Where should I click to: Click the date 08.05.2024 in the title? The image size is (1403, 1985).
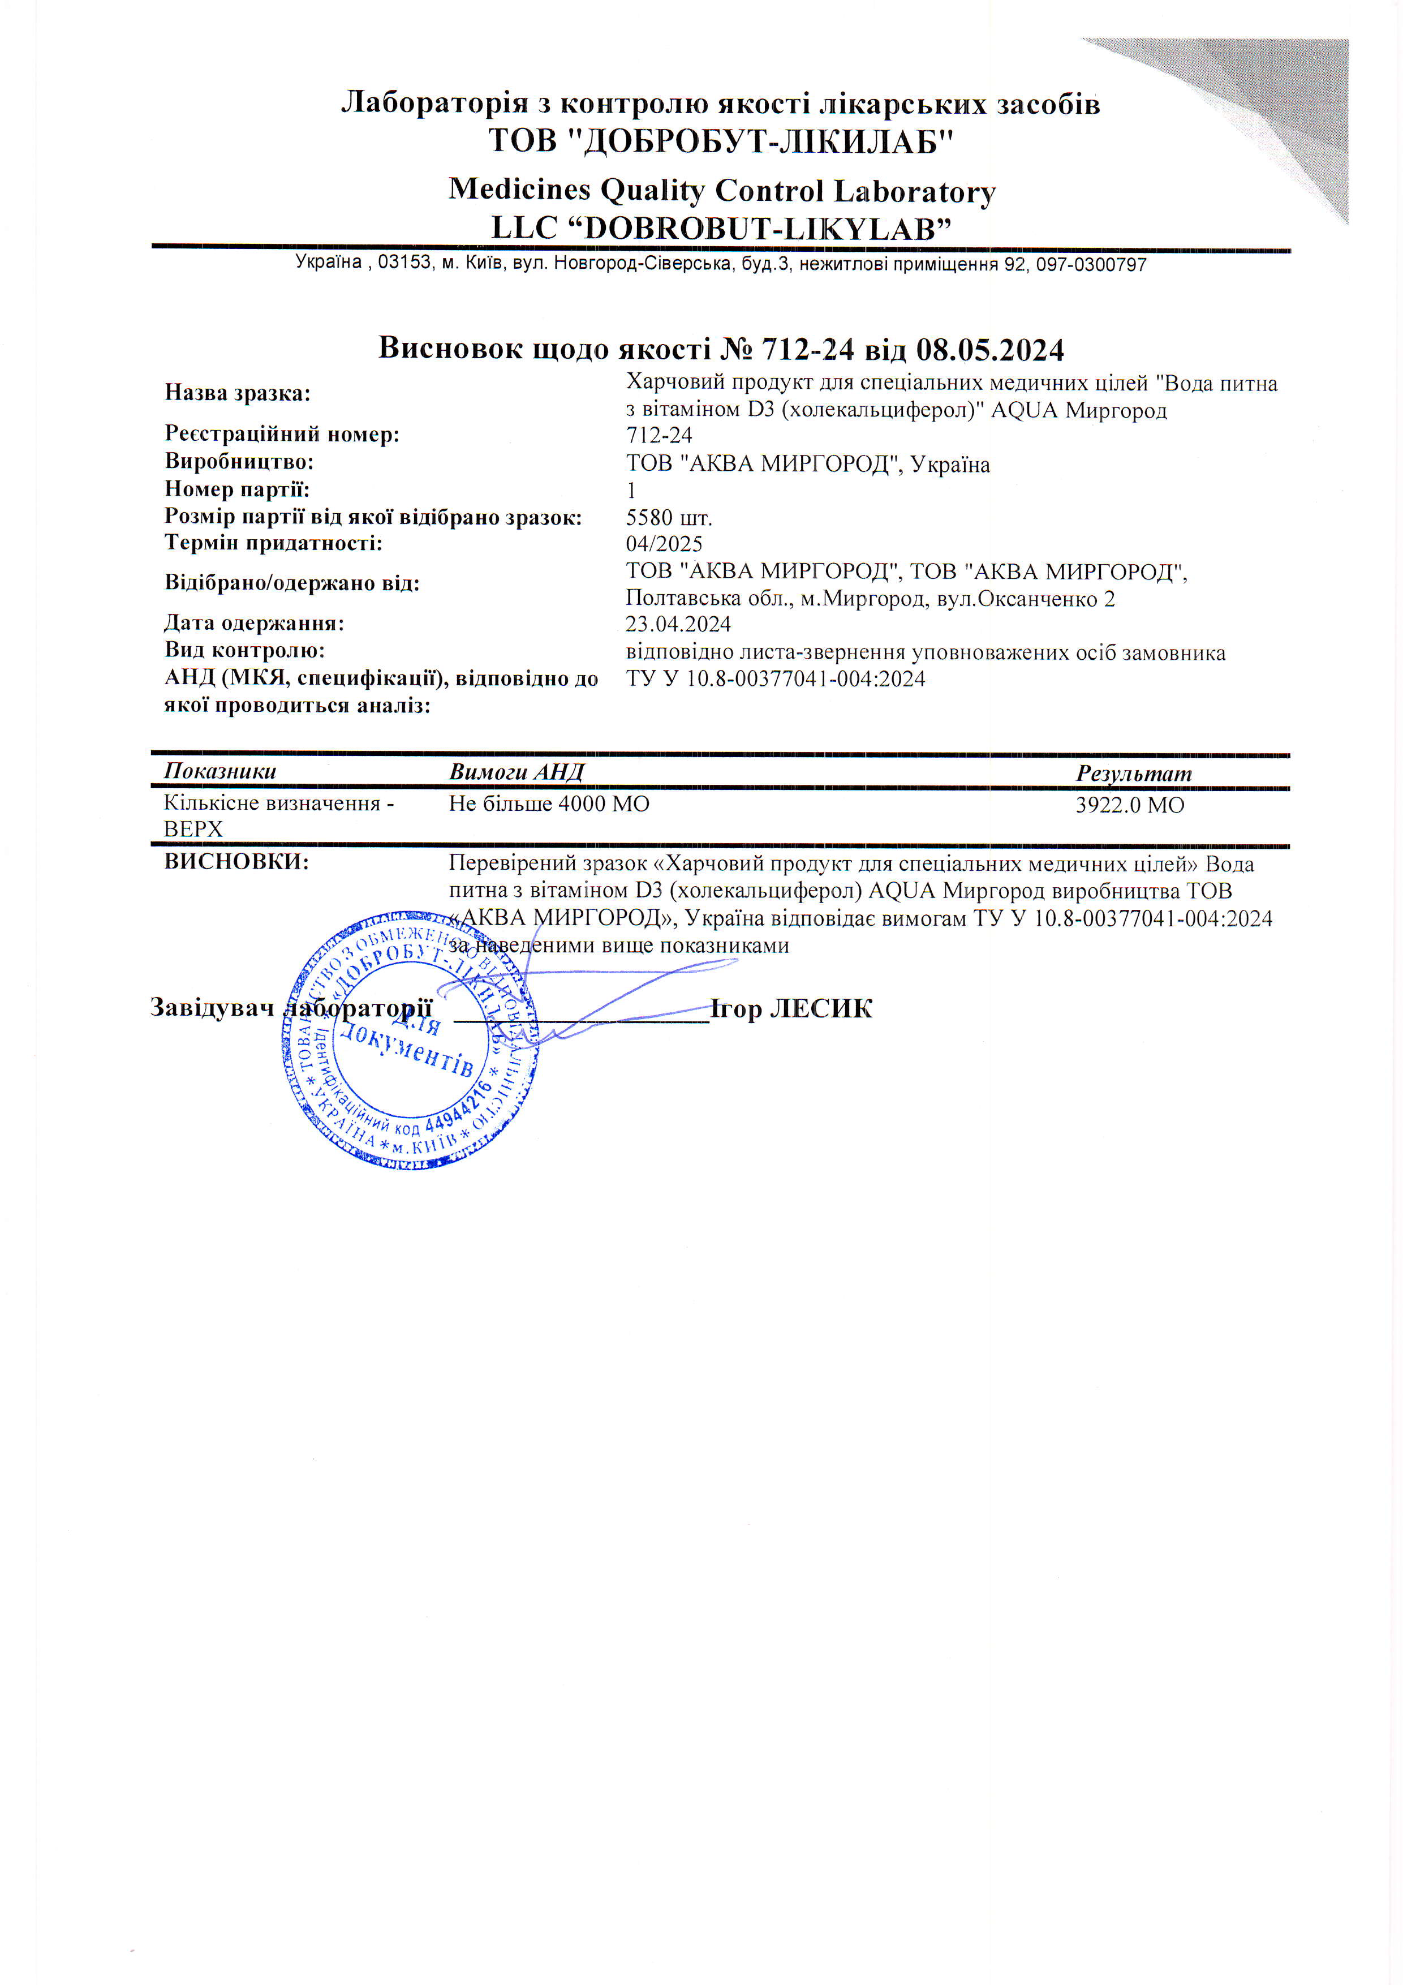coord(990,349)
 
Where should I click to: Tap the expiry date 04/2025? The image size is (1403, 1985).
coord(664,544)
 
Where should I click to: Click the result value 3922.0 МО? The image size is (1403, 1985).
coord(1129,805)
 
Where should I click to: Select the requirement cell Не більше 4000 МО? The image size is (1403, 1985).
coord(548,804)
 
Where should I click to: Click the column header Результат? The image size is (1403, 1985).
coord(1133,774)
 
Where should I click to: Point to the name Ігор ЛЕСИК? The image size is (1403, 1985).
coord(791,1009)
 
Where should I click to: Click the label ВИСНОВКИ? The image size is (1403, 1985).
coord(236,862)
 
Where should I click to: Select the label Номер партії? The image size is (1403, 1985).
coord(237,489)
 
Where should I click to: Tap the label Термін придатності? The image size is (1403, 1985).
coord(273,544)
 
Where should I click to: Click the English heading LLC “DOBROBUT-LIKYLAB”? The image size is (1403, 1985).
coord(721,228)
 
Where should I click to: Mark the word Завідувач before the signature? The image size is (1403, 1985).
coord(212,1007)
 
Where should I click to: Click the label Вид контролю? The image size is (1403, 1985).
coord(244,650)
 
